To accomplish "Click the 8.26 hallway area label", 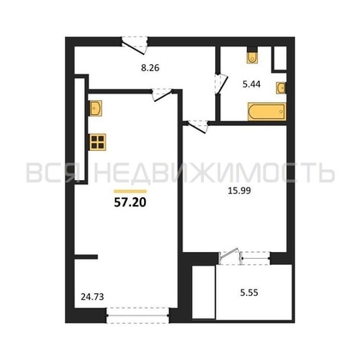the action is (150, 69).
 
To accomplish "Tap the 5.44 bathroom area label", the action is (251, 84).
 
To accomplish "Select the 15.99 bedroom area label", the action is (239, 190).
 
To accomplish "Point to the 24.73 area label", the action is (93, 297).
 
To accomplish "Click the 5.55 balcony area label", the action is (249, 292).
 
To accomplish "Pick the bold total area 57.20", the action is (130, 202).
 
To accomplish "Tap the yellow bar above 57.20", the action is (130, 191).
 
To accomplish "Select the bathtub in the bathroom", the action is (267, 111).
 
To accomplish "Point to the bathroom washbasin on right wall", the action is (281, 87).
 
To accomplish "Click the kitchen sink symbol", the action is (96, 108).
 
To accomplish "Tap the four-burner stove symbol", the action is (98, 142).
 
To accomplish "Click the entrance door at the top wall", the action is (135, 45).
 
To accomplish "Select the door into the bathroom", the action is (220, 84).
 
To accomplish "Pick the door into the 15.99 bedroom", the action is (197, 126).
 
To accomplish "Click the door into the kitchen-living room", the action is (162, 95).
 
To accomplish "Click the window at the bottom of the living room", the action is (138, 315).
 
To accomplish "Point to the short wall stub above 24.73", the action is (86, 257).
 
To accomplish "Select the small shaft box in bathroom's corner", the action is (279, 58).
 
